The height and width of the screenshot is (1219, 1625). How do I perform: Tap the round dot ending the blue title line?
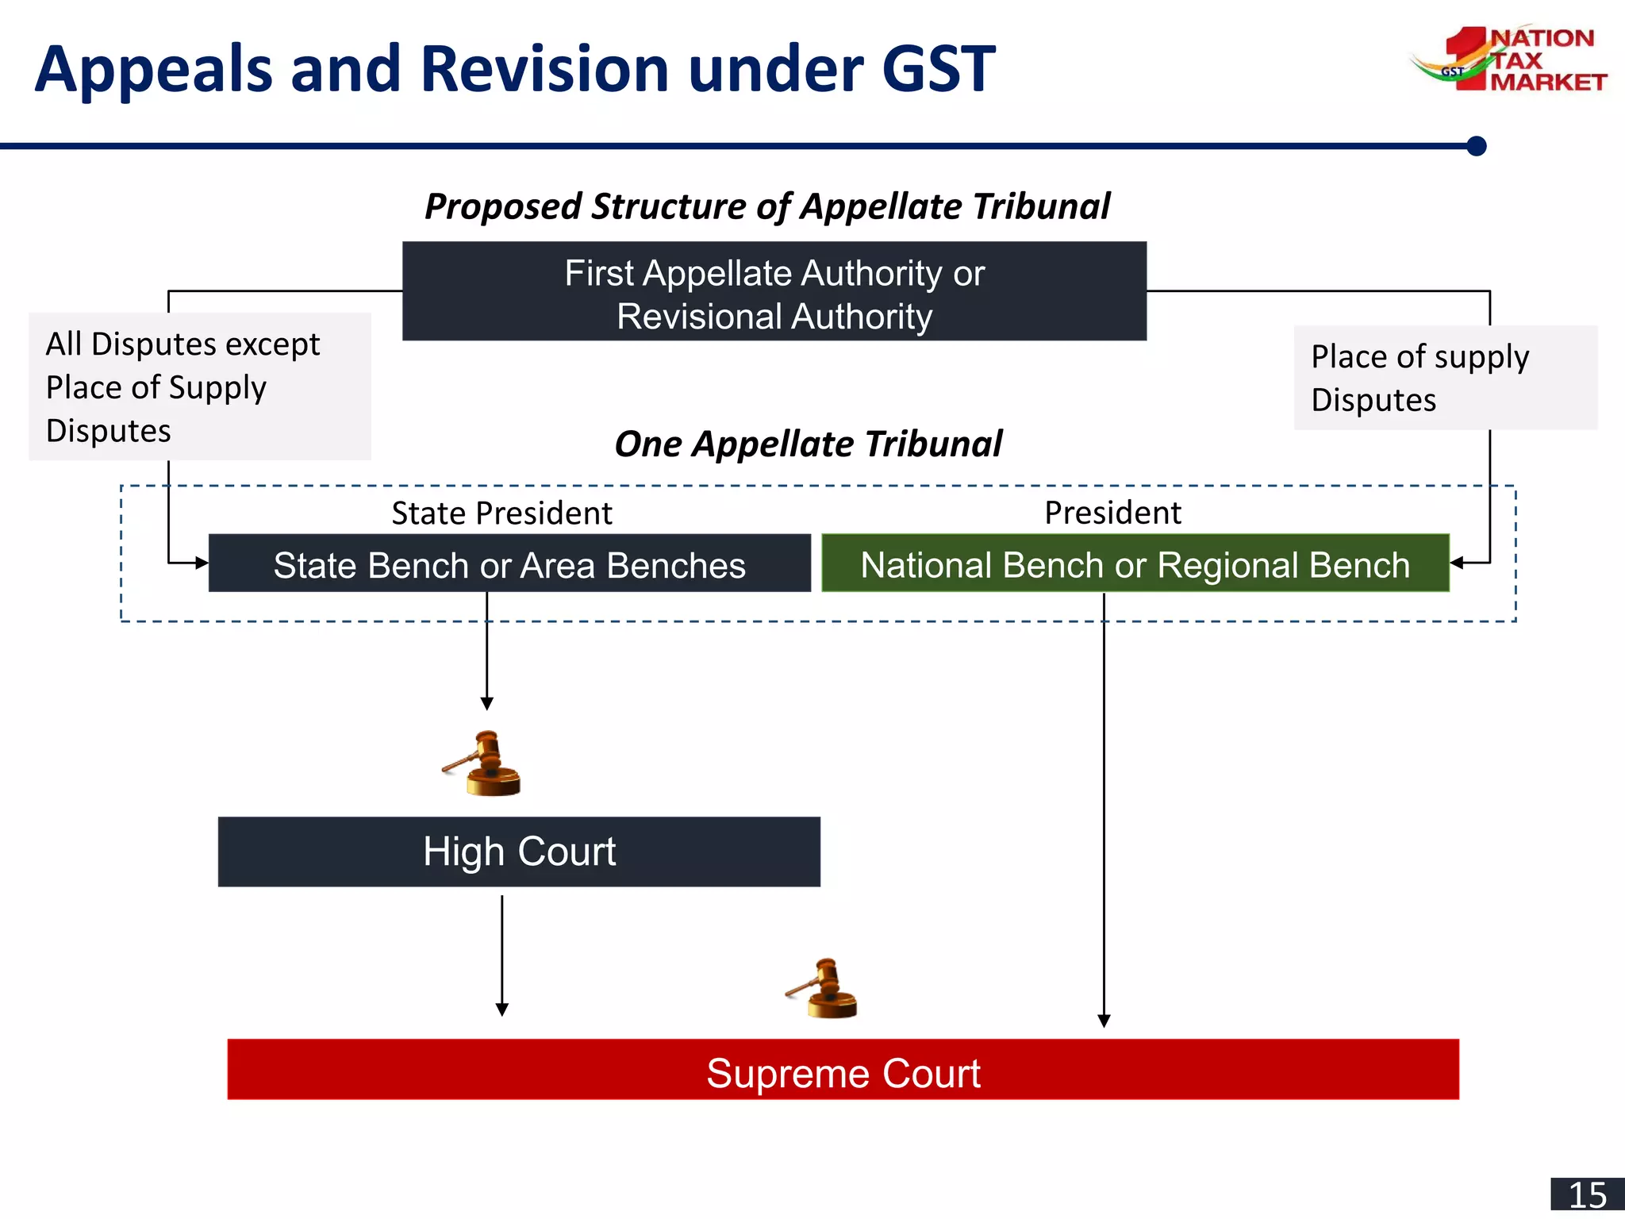pos(1476,146)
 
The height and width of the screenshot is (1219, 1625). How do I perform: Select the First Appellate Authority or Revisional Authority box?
pos(774,291)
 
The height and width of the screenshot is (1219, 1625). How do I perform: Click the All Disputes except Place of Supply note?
pos(199,386)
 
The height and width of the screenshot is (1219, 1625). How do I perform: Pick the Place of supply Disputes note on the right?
pos(1444,378)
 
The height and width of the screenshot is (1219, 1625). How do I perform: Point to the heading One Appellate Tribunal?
pos(808,444)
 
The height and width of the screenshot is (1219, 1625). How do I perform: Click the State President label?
pos(501,513)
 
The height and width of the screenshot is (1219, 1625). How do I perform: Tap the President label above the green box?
pos(1112,513)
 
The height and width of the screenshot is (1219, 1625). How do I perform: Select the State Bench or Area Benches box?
pos(509,563)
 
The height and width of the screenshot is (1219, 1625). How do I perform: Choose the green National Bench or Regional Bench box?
pos(1135,563)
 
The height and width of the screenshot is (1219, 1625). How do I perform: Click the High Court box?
pos(519,852)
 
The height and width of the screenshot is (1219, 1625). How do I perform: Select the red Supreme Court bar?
pos(843,1070)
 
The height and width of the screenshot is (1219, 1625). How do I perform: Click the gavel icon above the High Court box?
pos(483,763)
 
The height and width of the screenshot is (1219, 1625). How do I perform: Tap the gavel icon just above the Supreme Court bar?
pos(824,989)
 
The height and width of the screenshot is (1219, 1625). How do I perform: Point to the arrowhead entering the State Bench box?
pos(202,563)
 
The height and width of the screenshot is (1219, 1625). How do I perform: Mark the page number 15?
pos(1587,1195)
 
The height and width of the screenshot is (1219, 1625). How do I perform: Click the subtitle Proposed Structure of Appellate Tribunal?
pos(766,206)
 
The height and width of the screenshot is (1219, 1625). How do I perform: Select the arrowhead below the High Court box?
pos(501,1009)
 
